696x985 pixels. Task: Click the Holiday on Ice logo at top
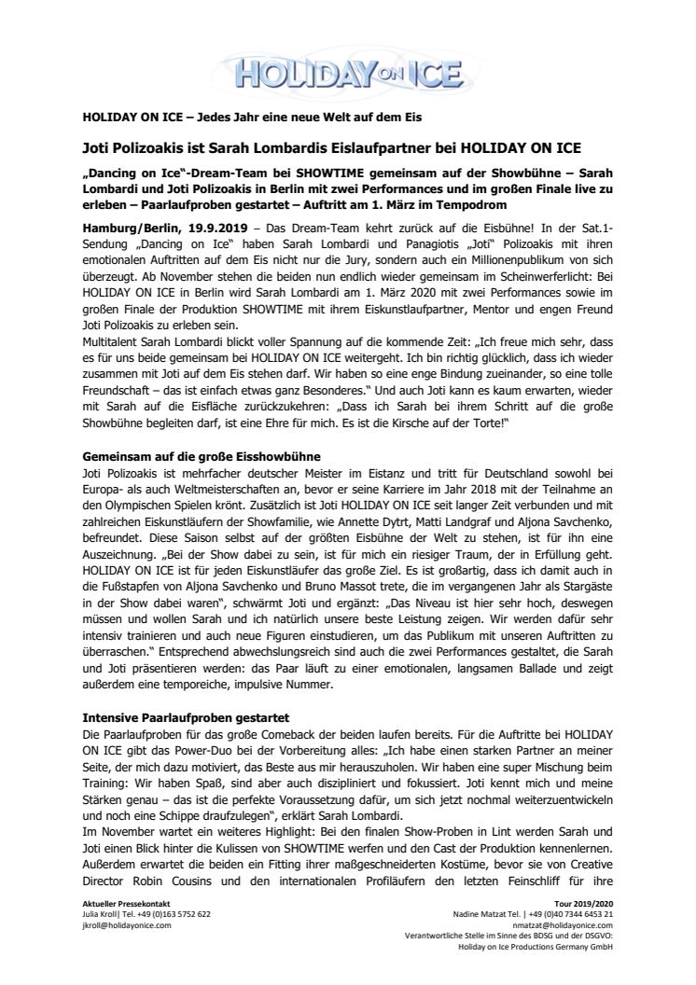[x=349, y=70]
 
